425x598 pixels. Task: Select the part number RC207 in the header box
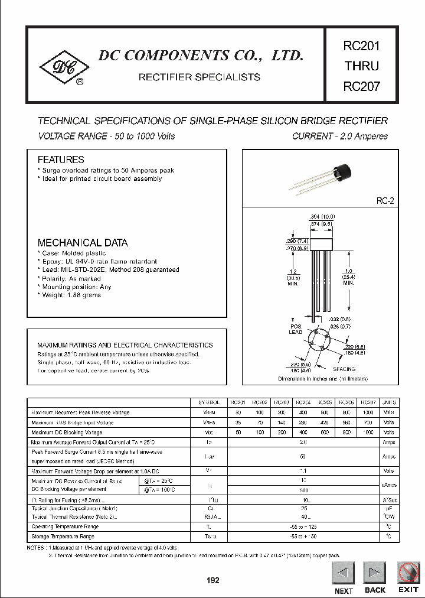point(361,86)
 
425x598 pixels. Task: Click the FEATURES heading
point(61,160)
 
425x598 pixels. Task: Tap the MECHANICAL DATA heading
point(83,243)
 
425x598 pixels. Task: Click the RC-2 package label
point(385,201)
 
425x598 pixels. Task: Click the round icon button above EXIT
point(408,573)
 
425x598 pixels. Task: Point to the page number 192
point(212,580)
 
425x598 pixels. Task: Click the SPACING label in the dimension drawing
point(345,369)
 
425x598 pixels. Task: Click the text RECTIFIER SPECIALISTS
point(199,77)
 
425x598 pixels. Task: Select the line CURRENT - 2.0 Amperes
point(340,136)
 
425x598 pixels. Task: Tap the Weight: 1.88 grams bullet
point(70,295)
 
